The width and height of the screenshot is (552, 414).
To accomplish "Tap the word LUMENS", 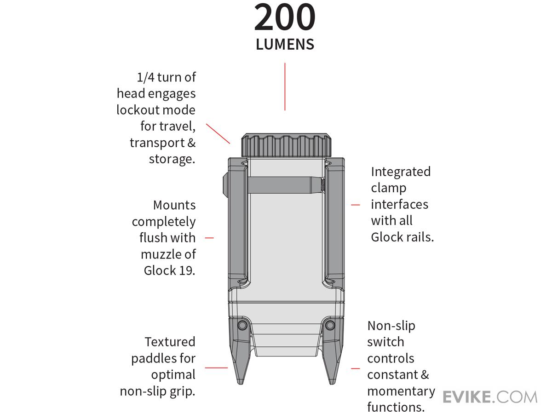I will coord(285,45).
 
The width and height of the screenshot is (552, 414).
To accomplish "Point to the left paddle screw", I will coord(242,326).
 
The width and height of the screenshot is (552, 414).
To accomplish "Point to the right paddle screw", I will coord(329,326).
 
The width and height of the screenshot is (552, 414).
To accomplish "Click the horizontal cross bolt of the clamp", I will coord(285,184).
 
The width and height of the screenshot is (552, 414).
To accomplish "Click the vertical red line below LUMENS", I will coord(285,87).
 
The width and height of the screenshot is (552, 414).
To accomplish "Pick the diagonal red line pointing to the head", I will coord(218,134).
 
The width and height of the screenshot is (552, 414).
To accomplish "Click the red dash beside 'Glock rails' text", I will coord(356,205).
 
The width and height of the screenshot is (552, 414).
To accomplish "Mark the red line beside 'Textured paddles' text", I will coord(216,368).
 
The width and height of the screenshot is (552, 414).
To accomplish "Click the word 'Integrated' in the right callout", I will coord(401,172).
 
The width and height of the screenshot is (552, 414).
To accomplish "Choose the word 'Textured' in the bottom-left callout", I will coord(170,342).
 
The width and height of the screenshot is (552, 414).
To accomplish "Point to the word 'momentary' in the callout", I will coord(401,391).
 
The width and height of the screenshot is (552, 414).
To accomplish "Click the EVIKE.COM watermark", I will coord(490,397).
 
